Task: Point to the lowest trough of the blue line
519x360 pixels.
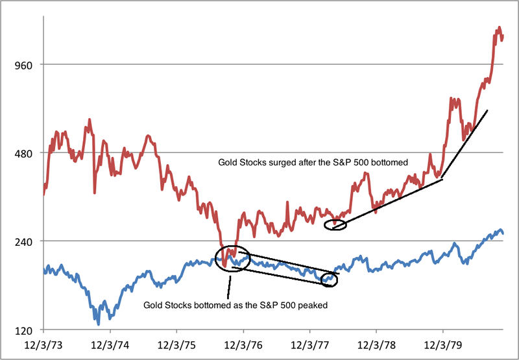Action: click(x=98, y=322)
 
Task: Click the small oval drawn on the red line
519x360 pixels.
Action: click(x=335, y=224)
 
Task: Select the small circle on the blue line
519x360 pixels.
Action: click(x=330, y=279)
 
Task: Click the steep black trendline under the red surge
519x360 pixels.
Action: click(x=465, y=144)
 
